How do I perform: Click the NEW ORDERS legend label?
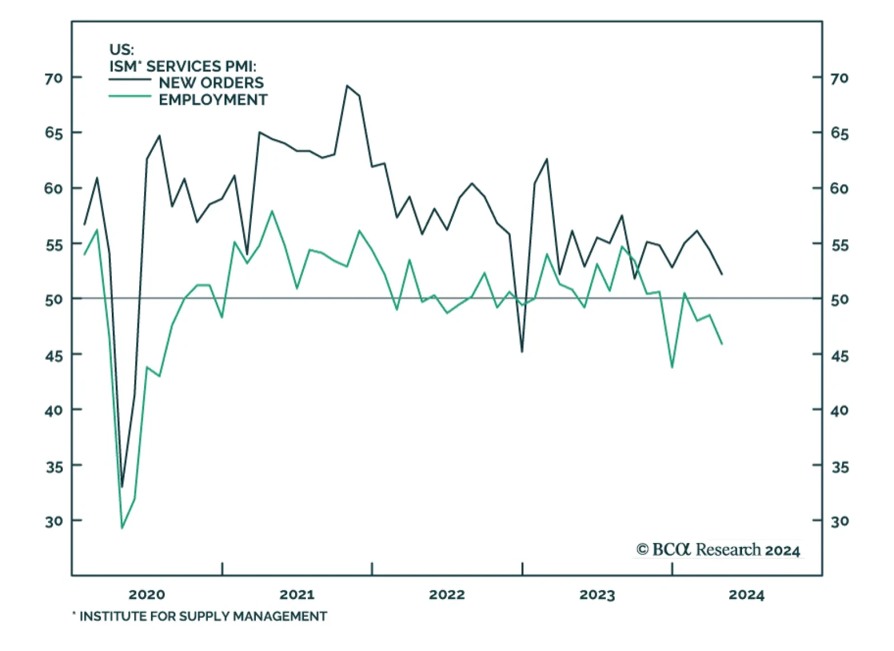(211, 83)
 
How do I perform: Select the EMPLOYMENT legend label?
(213, 100)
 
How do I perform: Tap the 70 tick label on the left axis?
(54, 78)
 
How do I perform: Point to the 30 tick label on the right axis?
(840, 521)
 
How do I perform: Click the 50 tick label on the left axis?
(54, 299)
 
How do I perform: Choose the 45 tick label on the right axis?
(840, 355)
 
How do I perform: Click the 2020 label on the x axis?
(146, 595)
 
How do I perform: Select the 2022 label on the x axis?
(446, 595)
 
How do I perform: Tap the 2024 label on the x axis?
(746, 595)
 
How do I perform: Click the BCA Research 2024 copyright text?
(719, 550)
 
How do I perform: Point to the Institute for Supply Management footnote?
(200, 616)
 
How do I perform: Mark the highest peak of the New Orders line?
(347, 85)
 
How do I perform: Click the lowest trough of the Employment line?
(122, 528)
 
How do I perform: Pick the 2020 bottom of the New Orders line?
(122, 487)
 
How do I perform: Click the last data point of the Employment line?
(722, 344)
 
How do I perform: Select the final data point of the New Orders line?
(722, 274)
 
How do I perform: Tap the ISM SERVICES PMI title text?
(183, 66)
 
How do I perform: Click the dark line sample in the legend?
(130, 79)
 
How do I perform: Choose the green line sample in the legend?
(130, 96)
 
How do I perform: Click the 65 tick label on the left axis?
(54, 133)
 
